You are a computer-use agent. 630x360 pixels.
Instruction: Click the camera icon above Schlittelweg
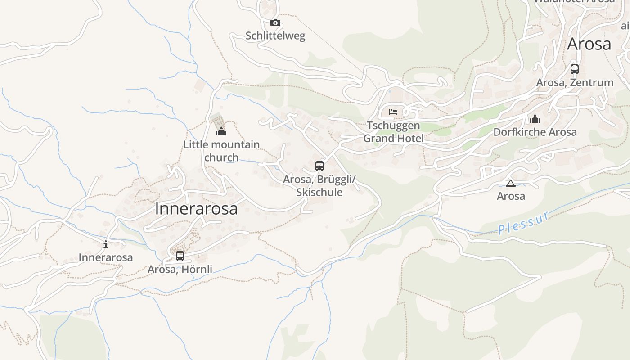(275, 22)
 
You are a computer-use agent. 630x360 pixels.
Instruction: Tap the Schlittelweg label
(275, 36)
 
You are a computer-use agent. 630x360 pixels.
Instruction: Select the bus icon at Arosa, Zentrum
(575, 69)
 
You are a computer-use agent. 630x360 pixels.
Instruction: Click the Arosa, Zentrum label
(575, 83)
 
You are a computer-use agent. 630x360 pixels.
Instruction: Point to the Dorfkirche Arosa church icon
(535, 119)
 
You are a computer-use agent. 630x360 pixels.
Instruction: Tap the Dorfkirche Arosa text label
(535, 132)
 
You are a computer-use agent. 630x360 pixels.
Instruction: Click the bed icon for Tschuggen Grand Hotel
(393, 112)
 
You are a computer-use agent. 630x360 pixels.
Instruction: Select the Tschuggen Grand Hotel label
(393, 132)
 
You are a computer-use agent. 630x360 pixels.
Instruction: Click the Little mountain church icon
(221, 131)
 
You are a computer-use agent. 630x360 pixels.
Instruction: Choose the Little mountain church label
(221, 151)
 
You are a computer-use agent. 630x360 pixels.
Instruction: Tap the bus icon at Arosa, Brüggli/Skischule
(319, 166)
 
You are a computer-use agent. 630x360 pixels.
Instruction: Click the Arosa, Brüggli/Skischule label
(319, 186)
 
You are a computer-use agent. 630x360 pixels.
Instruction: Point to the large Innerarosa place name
(196, 209)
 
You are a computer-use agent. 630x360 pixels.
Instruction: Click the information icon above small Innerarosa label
(106, 244)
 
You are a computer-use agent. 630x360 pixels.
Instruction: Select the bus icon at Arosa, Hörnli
(180, 256)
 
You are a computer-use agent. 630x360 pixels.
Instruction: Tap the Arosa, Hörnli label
(180, 270)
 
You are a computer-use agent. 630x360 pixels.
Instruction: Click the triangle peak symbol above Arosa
(510, 183)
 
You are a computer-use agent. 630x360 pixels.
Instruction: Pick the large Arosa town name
(589, 44)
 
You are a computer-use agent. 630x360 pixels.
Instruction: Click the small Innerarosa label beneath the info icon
(106, 257)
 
